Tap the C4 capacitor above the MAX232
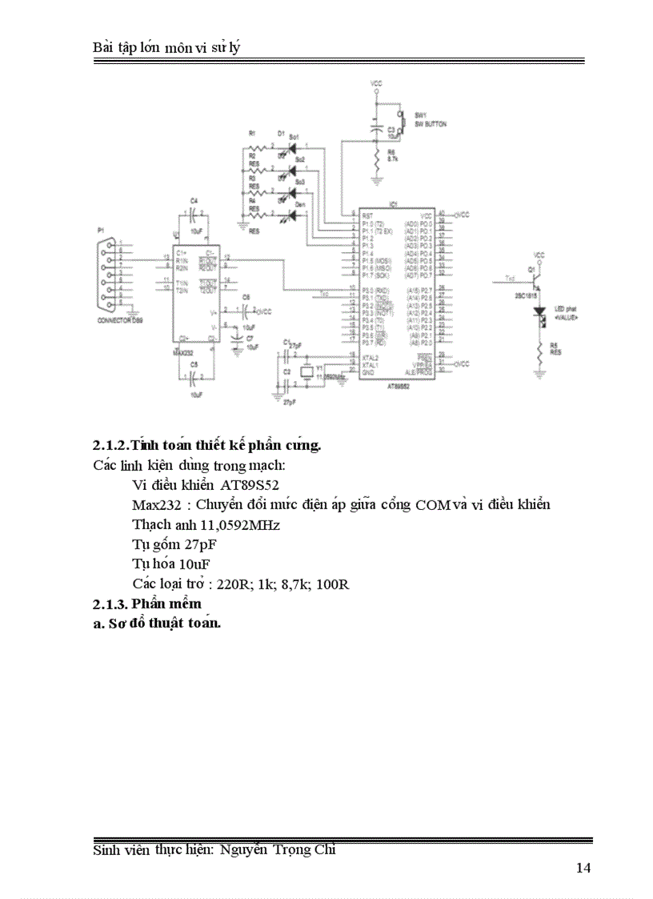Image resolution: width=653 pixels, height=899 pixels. point(194,214)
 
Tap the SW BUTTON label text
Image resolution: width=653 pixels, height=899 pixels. point(431,125)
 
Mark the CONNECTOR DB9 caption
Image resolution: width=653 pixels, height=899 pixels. point(119,321)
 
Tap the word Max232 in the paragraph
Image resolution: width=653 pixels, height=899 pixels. point(154,505)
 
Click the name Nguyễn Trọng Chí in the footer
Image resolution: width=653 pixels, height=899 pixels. point(278,850)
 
